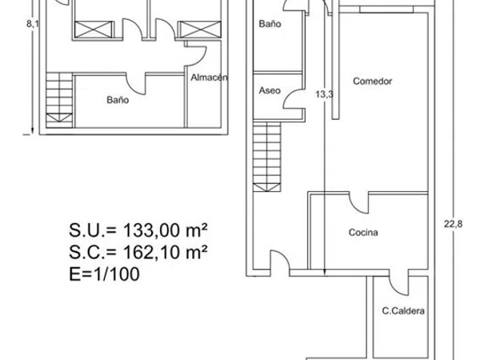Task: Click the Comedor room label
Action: (372, 81)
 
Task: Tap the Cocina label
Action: (363, 232)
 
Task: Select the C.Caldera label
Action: (403, 311)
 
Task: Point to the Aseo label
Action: (270, 90)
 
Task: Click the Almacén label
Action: (210, 78)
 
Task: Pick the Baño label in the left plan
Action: (118, 100)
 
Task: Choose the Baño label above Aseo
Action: (270, 24)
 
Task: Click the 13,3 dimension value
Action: (324, 94)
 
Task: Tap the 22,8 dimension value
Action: (454, 224)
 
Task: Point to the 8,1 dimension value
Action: (33, 23)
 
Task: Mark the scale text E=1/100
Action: (104, 274)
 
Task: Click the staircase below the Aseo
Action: (267, 157)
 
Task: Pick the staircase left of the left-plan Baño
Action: (59, 100)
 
